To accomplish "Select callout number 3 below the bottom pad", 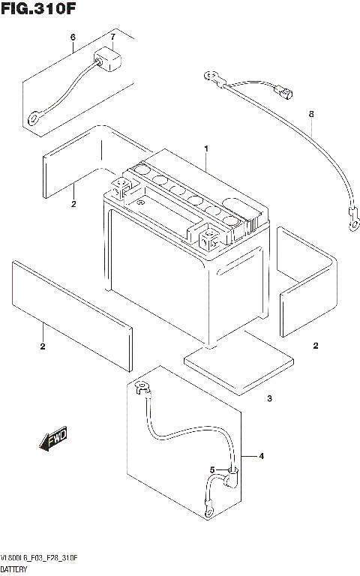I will point(269,398).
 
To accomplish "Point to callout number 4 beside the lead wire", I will point(262,456).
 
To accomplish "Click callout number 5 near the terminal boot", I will point(212,470).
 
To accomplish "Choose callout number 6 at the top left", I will point(73,37).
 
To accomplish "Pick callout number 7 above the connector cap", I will point(112,37).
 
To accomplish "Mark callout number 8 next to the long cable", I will point(310,114).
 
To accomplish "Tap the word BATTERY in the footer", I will point(16,571).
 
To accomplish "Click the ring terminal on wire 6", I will point(34,118).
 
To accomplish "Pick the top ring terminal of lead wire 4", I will point(139,387).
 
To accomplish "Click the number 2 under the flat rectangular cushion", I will point(43,346).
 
